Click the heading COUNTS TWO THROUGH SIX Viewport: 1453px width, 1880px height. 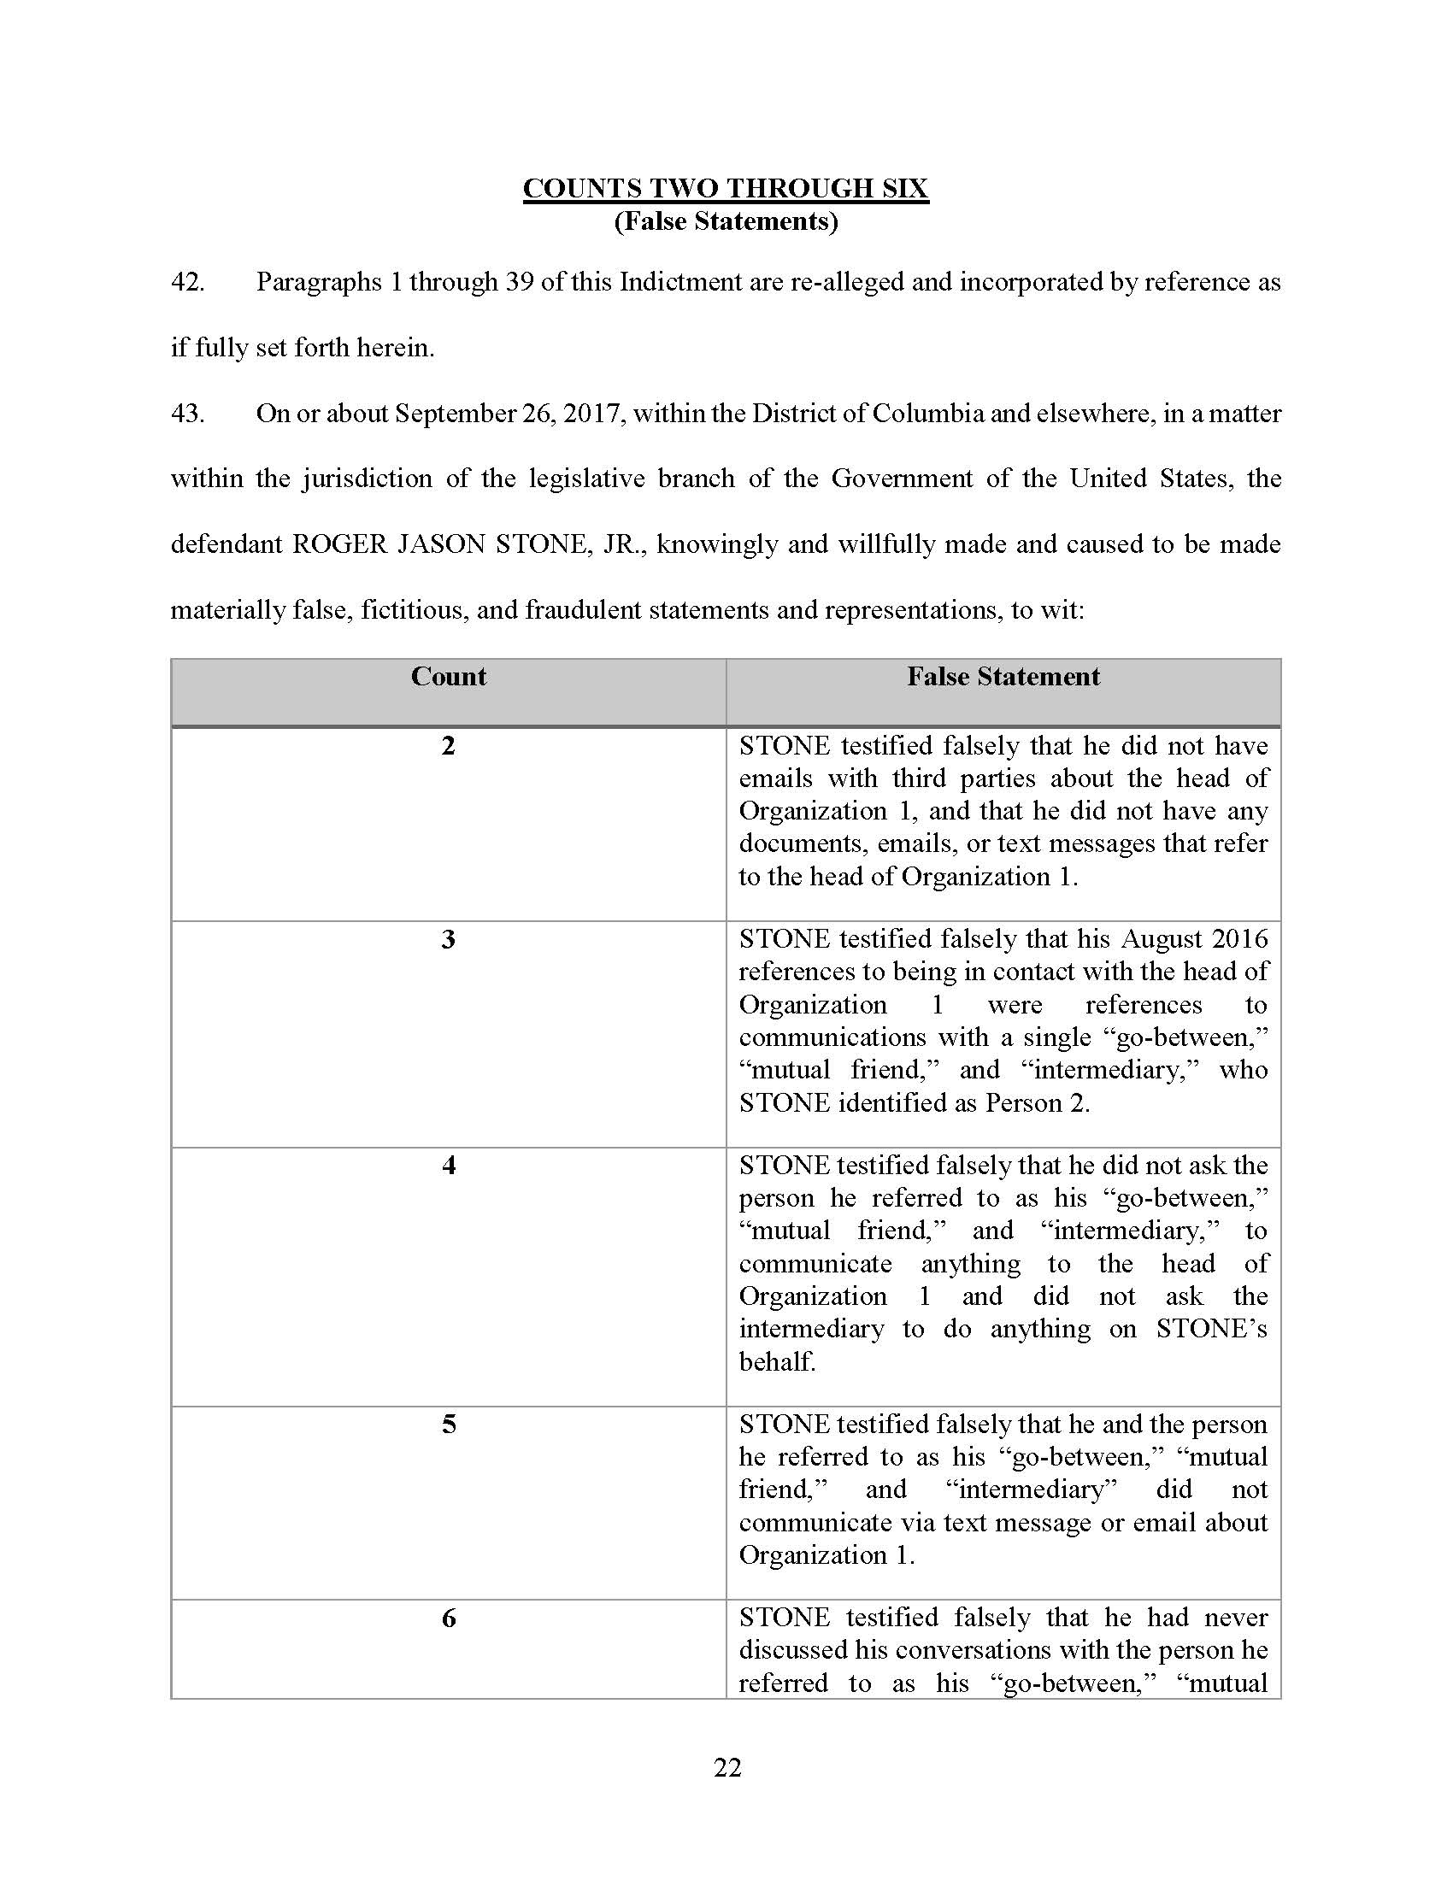pos(726,189)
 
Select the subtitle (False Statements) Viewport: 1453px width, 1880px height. pos(726,222)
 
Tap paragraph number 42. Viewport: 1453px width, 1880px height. pos(188,282)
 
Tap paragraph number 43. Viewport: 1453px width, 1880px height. pos(188,414)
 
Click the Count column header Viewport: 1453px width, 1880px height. pos(449,677)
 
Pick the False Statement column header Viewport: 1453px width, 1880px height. pos(1003,677)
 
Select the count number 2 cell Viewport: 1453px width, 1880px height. pos(449,745)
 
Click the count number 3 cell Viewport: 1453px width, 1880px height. pos(449,939)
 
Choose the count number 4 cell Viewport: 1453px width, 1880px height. pos(449,1166)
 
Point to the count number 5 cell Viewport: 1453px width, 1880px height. pos(449,1425)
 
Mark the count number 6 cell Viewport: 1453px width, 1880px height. pos(449,1619)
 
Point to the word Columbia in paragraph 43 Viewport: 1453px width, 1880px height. pos(928,414)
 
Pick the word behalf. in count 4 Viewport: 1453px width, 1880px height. pos(777,1362)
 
